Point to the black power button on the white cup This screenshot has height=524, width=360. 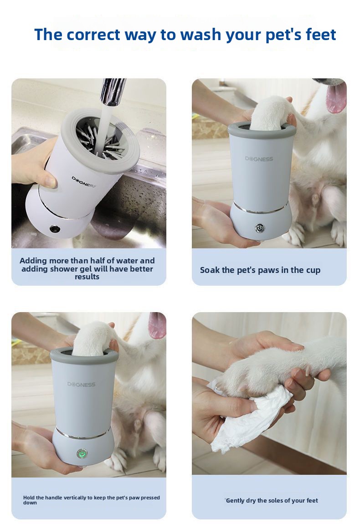[x=54, y=229]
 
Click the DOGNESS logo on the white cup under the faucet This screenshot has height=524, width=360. [x=83, y=182]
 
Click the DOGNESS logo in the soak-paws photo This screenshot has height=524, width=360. [x=259, y=159]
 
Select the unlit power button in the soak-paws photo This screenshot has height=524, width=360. [x=260, y=229]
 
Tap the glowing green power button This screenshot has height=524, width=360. [x=82, y=454]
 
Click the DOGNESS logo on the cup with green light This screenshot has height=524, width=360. [x=81, y=384]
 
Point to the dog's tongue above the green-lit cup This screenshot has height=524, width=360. [x=157, y=324]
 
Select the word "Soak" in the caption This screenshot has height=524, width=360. [x=208, y=270]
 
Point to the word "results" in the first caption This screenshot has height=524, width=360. [x=87, y=277]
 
